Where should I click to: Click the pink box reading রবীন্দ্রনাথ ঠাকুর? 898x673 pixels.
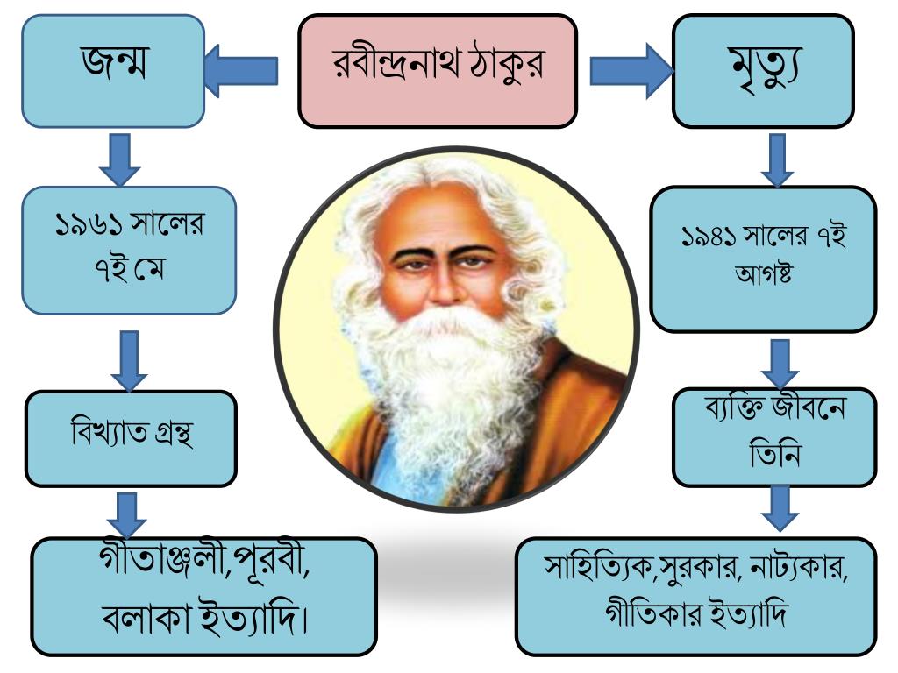pyautogui.click(x=438, y=70)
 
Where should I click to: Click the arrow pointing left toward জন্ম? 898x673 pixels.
pyautogui.click(x=240, y=71)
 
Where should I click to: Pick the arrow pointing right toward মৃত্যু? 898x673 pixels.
pyautogui.click(x=631, y=71)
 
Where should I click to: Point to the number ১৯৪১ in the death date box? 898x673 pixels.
pyautogui.click(x=709, y=237)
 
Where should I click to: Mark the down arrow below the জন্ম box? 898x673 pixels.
pyautogui.click(x=120, y=158)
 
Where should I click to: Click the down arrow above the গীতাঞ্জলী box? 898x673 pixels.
pyautogui.click(x=128, y=514)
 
